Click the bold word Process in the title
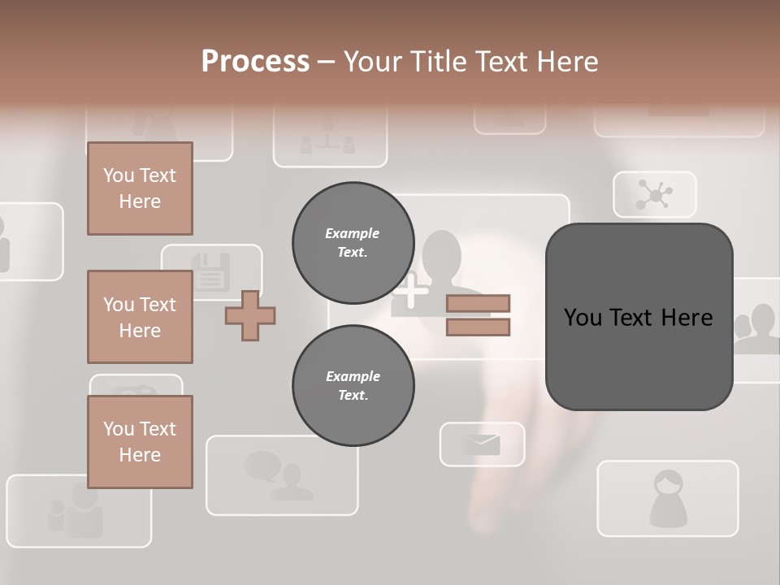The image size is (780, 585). [x=255, y=61]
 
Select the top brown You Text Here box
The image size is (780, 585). [x=140, y=188]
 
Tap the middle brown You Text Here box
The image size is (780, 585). [x=140, y=317]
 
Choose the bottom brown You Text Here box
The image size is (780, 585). [x=140, y=442]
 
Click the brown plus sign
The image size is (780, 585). [x=250, y=315]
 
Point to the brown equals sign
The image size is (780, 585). [x=478, y=315]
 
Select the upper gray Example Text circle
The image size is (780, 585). [x=353, y=242]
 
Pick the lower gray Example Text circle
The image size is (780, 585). [x=353, y=385]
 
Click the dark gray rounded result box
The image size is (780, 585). [x=639, y=317]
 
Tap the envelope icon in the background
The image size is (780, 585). [x=482, y=444]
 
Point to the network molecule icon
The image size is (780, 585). [x=654, y=195]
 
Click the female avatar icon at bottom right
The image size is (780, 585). [x=668, y=498]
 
